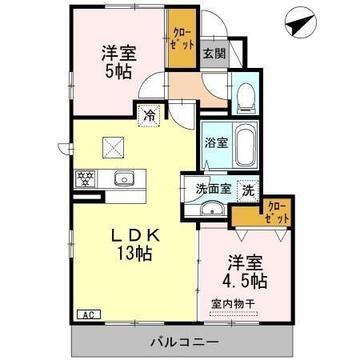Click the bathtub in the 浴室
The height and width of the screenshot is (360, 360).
point(245,144)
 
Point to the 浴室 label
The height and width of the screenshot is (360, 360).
point(215,144)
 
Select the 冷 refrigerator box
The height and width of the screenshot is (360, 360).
point(149,114)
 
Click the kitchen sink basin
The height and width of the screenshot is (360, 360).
point(123,178)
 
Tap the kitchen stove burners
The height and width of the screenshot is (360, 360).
point(86,178)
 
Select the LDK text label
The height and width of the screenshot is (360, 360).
point(135,236)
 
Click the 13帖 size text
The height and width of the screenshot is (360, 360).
point(135,255)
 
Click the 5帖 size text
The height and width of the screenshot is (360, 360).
point(118,71)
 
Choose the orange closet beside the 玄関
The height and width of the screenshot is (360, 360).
point(181,38)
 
